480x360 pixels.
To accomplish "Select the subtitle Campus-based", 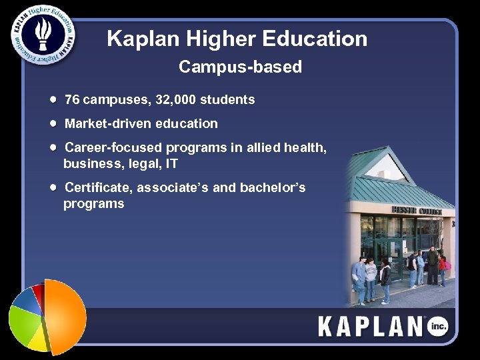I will tap(240, 67).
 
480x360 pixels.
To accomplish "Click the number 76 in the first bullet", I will tap(72, 100).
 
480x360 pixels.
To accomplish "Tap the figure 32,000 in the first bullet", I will tap(175, 100).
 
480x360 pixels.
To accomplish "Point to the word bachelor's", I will tap(275, 187).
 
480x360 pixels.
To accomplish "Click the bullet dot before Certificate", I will tap(53, 187).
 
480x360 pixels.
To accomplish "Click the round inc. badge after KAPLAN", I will tap(437, 326).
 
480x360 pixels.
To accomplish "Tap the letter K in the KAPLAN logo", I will tap(326, 327).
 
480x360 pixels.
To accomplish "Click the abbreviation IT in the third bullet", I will tap(171, 163).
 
